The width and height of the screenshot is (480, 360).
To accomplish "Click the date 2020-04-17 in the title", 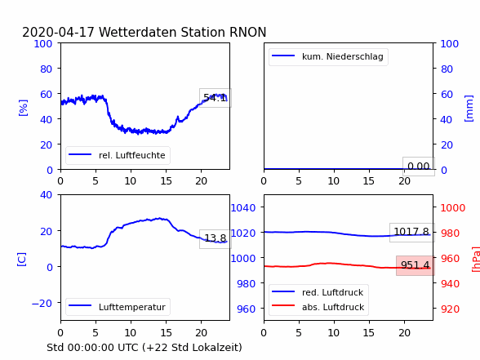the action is pyautogui.click(x=58, y=32).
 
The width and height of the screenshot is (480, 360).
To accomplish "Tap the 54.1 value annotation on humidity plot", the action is pyautogui.click(x=216, y=98).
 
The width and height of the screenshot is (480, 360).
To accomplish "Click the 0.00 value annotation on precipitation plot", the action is pyautogui.click(x=419, y=167).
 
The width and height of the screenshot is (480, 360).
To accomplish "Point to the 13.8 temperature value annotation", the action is pyautogui.click(x=216, y=238).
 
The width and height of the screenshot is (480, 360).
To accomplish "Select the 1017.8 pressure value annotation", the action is pyautogui.click(x=411, y=232).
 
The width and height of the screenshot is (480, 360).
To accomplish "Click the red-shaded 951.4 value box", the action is pyautogui.click(x=415, y=265).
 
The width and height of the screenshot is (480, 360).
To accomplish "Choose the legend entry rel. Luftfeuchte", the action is pyautogui.click(x=118, y=155).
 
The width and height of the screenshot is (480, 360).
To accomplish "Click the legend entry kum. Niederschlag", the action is pyautogui.click(x=328, y=56).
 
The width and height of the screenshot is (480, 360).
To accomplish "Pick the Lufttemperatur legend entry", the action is pyautogui.click(x=118, y=307).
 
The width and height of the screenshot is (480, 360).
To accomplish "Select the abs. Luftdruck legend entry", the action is pyautogui.click(x=318, y=307).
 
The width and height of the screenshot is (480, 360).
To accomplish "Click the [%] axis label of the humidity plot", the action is pyautogui.click(x=23, y=108).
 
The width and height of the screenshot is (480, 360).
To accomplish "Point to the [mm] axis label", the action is pyautogui.click(x=469, y=109).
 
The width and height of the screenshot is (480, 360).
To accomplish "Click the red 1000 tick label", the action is pyautogui.click(x=453, y=208).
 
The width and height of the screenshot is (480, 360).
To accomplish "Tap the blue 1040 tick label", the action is pyautogui.click(x=243, y=208).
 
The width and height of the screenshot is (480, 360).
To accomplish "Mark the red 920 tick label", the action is pyautogui.click(x=450, y=309).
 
